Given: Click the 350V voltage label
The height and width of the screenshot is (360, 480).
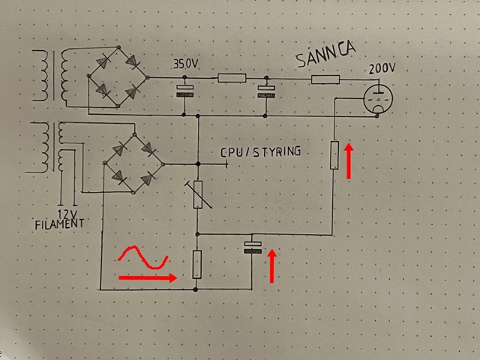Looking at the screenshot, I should [x=187, y=64].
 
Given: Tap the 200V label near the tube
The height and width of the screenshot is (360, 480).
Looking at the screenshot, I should [x=381, y=69].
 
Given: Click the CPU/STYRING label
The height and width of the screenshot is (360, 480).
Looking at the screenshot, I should [x=261, y=151].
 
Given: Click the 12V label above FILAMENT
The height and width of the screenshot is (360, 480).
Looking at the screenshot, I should [x=67, y=212].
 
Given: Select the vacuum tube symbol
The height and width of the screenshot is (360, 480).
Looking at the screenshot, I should [x=376, y=99].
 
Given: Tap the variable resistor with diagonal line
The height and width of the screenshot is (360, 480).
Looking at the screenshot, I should [x=197, y=193].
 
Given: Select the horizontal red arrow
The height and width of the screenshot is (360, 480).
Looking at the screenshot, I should [x=147, y=277].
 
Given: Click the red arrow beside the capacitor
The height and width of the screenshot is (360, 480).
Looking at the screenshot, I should [x=272, y=266].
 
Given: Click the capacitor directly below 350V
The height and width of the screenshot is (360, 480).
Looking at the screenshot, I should [x=185, y=92].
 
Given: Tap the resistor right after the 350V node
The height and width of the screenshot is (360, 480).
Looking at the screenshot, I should [x=231, y=77].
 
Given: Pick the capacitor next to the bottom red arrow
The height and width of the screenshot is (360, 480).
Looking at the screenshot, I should [x=253, y=247].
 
